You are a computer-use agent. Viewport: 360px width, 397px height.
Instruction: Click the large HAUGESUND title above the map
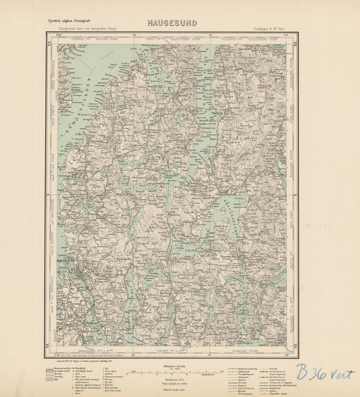pyautogui.click(x=172, y=22)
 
